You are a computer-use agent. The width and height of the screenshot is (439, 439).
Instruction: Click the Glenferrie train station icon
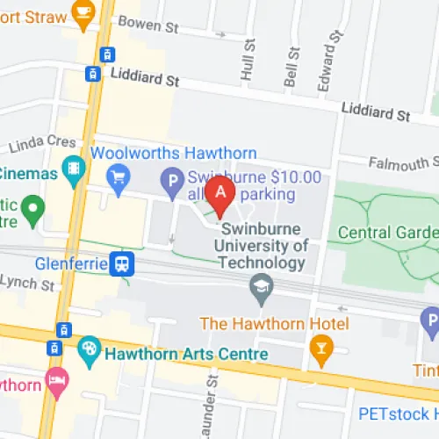click(x=121, y=263)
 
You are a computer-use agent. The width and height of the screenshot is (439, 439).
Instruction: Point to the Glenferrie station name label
click(x=71, y=263)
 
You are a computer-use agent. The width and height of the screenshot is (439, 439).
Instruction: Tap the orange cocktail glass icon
click(x=321, y=350)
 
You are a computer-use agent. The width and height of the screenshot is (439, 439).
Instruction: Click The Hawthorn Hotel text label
click(x=275, y=324)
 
